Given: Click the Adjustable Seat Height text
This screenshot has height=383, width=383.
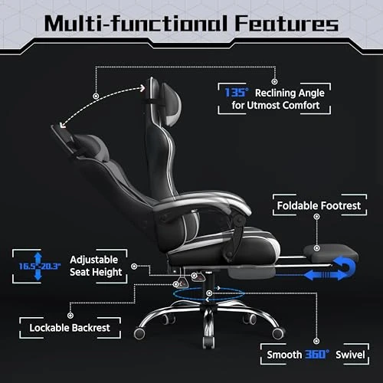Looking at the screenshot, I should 97,266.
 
